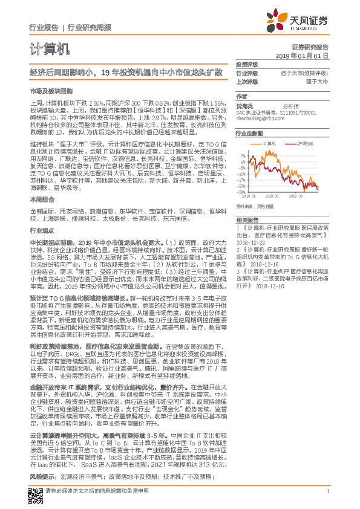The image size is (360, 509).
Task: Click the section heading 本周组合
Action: point(41,198)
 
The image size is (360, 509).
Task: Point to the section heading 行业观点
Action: point(41,230)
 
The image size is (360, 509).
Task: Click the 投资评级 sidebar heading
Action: point(246,64)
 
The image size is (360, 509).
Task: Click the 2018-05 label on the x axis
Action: point(272,196)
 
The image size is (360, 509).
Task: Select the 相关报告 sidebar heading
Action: point(246,219)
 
